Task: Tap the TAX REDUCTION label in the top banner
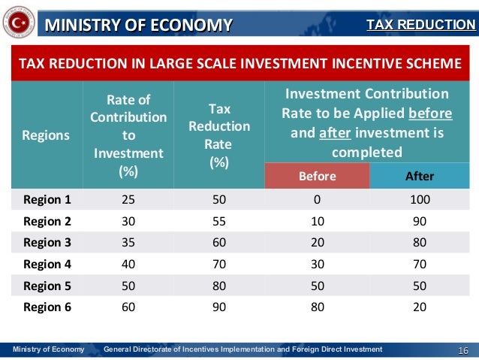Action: pos(420,26)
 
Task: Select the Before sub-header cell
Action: pos(318,177)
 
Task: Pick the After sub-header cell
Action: pos(420,177)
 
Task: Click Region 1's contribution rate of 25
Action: pos(128,199)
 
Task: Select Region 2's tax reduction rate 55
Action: pos(219,221)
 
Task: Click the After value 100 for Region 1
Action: pos(420,199)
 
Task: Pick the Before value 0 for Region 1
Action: pos(318,199)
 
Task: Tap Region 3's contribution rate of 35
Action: pos(128,242)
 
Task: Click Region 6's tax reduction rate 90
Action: pos(219,306)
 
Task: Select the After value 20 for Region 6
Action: pos(420,306)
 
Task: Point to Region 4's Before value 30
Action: pos(318,264)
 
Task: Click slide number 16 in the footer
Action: pos(462,349)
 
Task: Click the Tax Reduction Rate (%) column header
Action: pos(219,135)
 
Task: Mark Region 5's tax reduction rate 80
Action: pos(219,285)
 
